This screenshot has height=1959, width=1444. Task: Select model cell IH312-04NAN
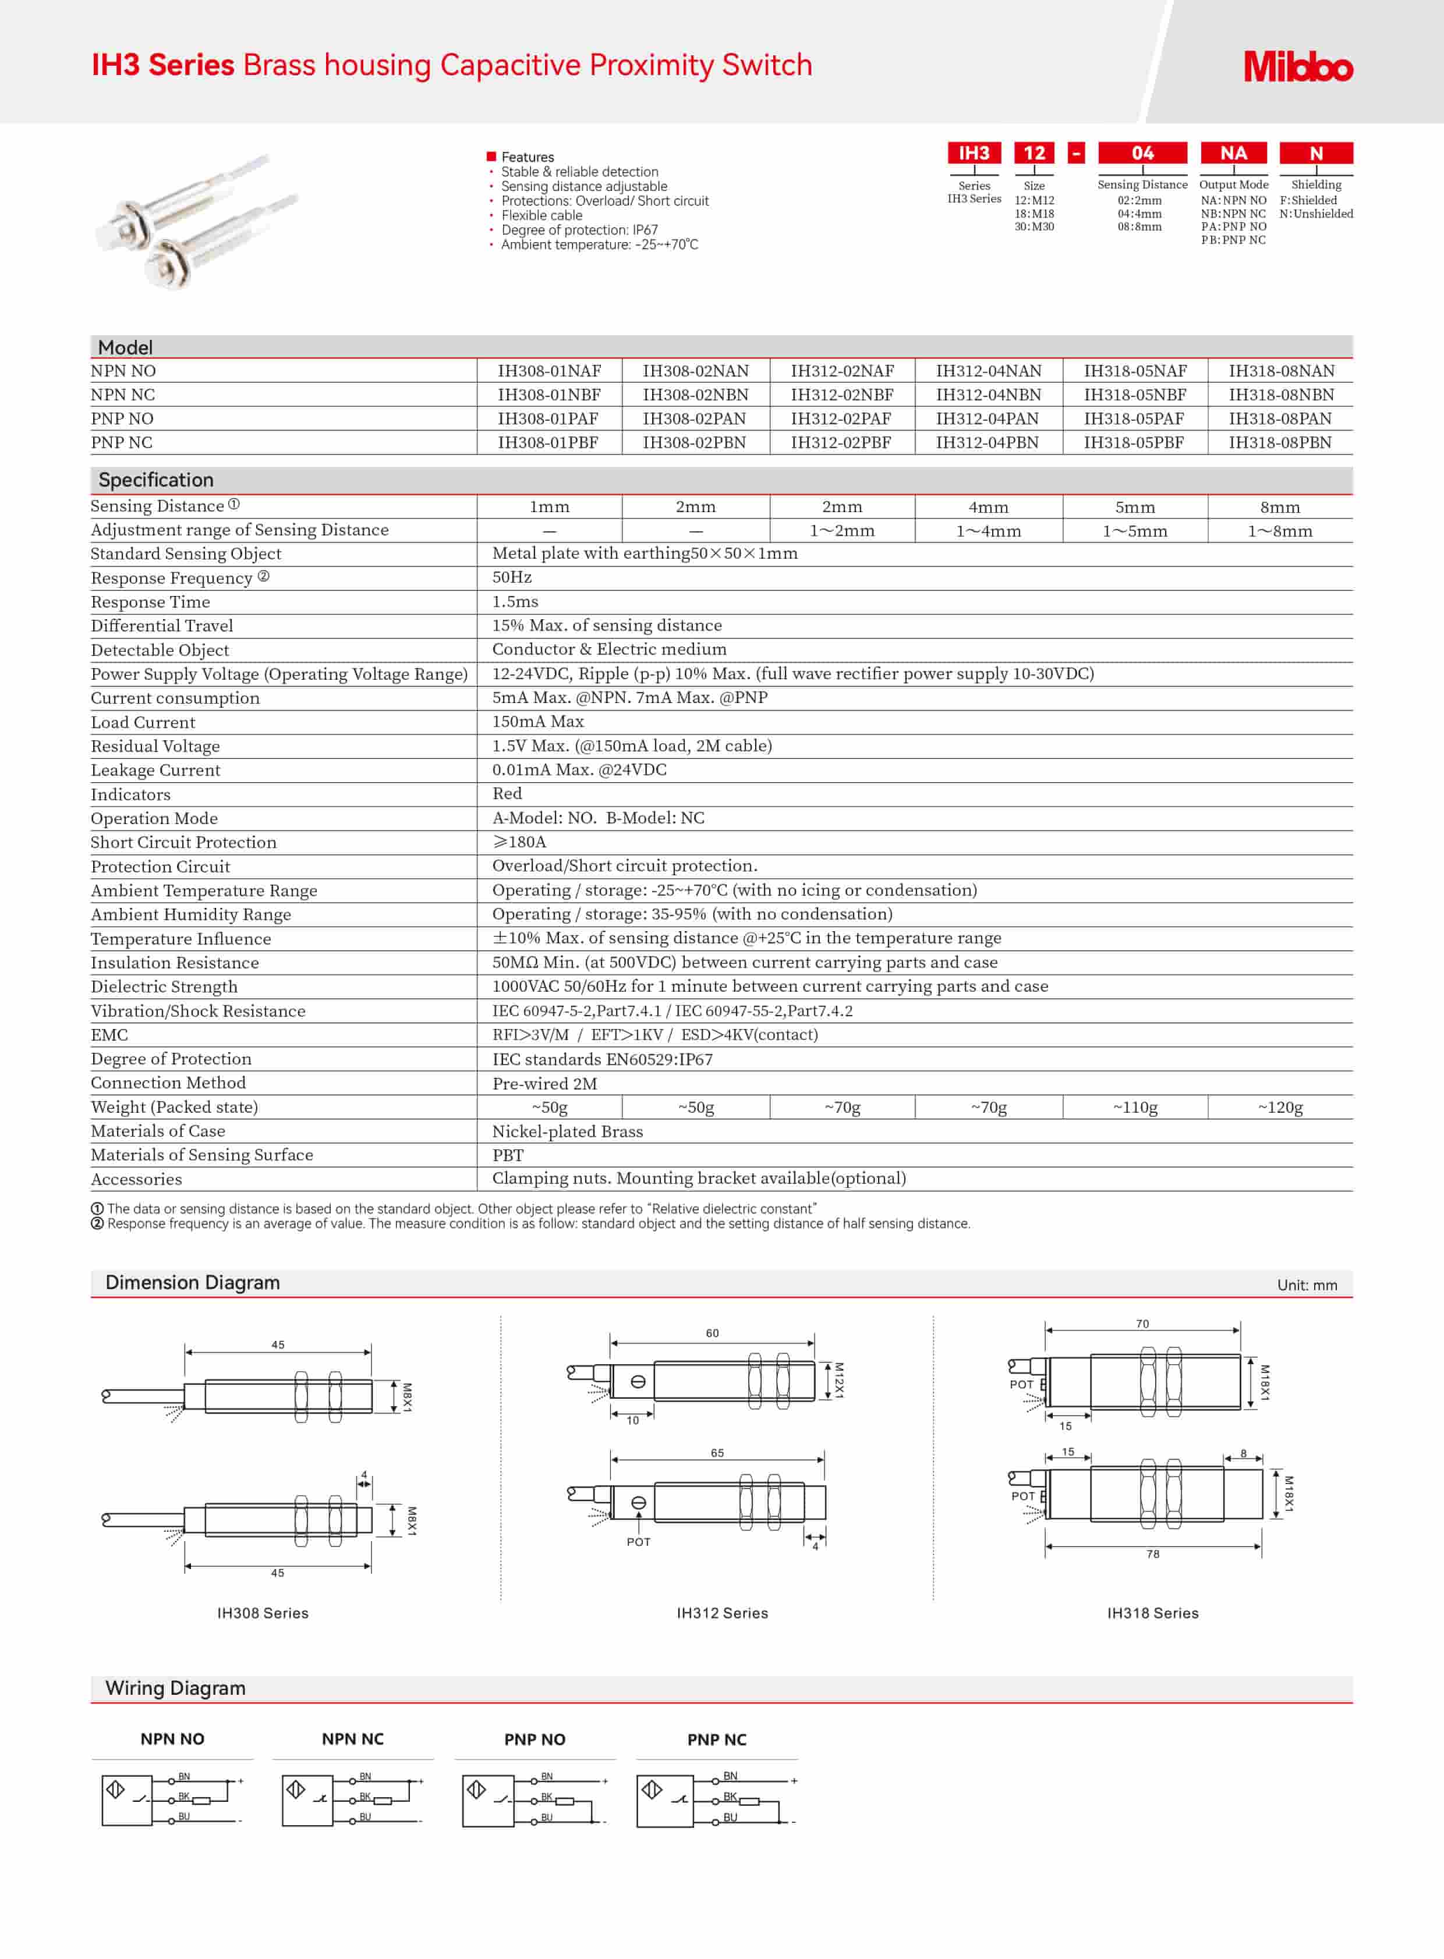pos(989,371)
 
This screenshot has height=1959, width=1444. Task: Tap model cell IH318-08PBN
pos(1280,443)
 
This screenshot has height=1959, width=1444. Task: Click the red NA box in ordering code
pos(1233,153)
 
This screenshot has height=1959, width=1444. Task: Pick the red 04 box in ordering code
pos(1142,153)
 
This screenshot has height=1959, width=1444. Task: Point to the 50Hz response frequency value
pos(512,577)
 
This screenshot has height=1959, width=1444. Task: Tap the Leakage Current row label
pos(155,771)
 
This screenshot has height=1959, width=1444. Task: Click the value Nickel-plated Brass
pos(567,1131)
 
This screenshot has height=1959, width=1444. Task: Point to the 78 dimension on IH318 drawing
pos(1153,1553)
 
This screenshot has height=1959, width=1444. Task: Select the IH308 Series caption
pos(262,1613)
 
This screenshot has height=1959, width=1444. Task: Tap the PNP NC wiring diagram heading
pos(717,1740)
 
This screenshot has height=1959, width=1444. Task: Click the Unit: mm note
pos(1307,1285)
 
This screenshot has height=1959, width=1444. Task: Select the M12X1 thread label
pos(838,1380)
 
